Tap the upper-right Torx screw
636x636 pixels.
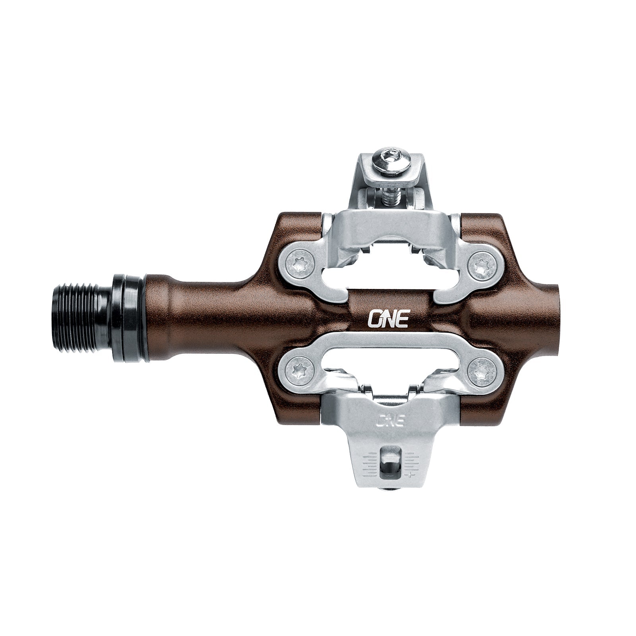[481, 265]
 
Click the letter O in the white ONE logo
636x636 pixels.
[374, 318]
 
